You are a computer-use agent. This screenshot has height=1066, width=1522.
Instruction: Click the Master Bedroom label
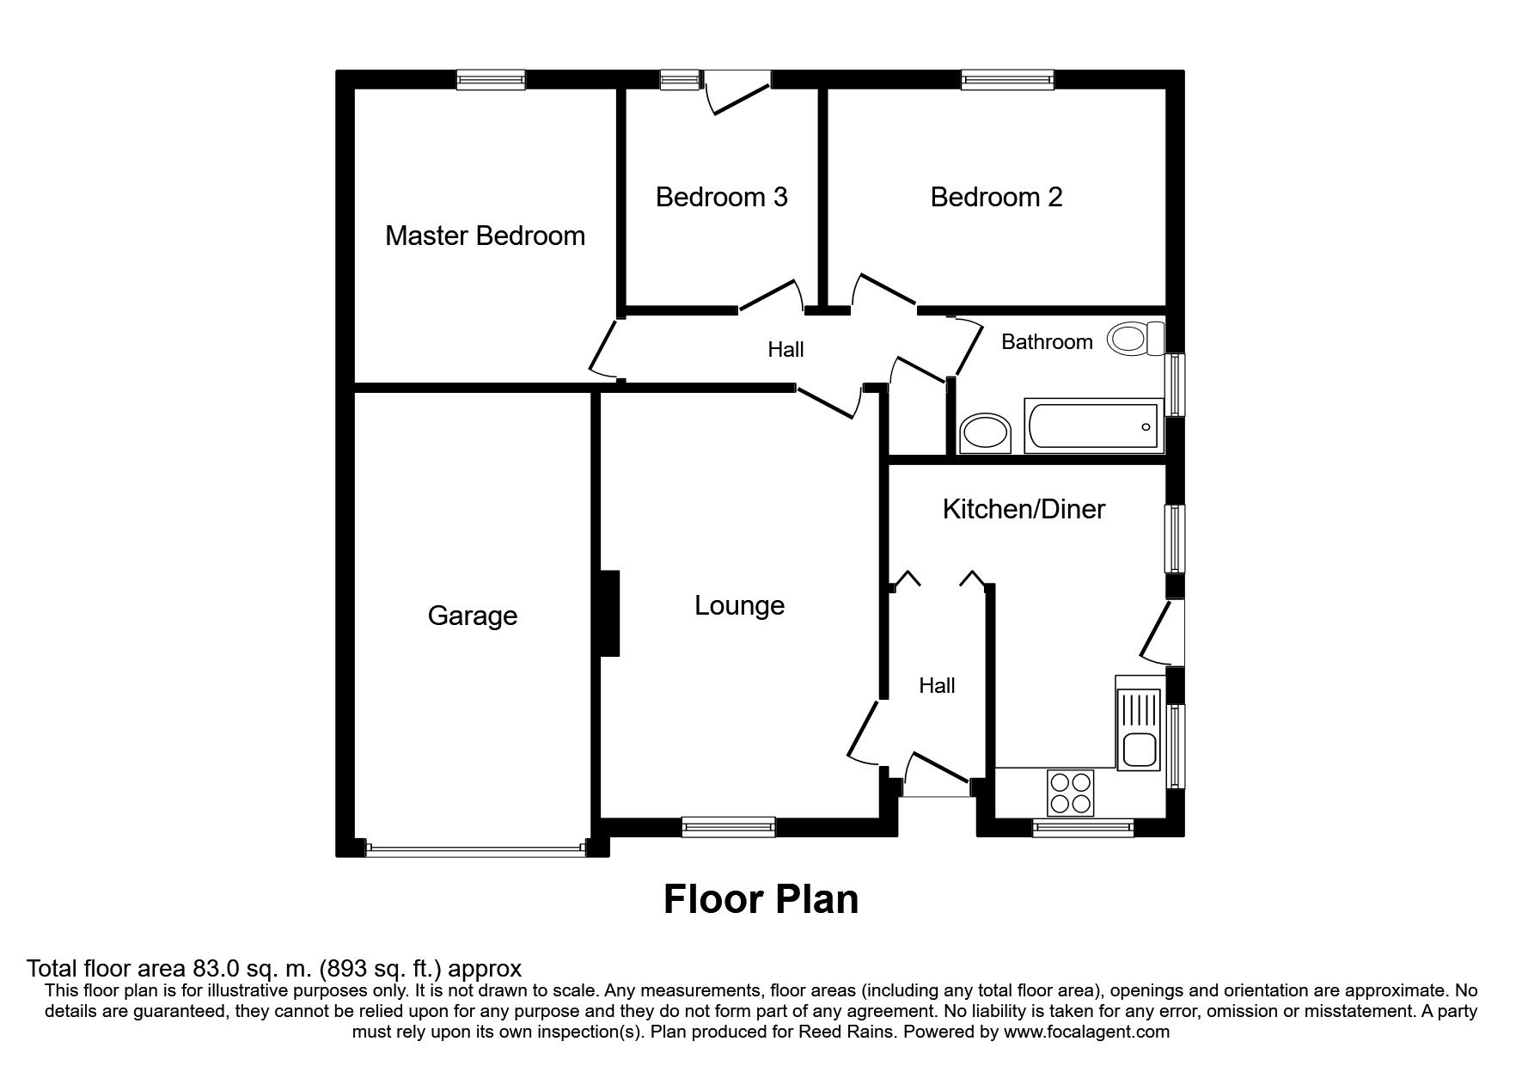click(485, 236)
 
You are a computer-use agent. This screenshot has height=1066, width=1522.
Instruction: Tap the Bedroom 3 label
click(721, 197)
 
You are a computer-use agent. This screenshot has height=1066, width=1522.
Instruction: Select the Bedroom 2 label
click(996, 197)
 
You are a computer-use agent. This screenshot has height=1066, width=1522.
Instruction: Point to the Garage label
click(472, 616)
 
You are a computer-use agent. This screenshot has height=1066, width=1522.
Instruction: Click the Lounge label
click(739, 605)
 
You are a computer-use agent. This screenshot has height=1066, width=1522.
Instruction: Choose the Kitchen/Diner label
click(1024, 509)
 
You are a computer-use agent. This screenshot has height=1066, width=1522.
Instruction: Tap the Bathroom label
click(1047, 342)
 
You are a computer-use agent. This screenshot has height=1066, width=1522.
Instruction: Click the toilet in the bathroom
click(1135, 338)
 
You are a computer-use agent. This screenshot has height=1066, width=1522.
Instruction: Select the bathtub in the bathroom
click(1093, 426)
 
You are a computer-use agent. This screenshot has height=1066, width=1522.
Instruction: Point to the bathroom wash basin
click(986, 433)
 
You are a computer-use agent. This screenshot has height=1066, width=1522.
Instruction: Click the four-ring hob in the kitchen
click(1071, 793)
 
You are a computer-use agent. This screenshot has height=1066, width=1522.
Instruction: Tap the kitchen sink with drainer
click(1140, 722)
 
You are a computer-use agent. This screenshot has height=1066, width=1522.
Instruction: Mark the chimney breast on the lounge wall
click(609, 614)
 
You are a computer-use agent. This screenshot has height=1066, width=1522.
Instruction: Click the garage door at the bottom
click(475, 849)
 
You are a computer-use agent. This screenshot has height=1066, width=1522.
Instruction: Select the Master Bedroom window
click(490, 80)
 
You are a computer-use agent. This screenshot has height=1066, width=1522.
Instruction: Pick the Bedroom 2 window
click(1007, 80)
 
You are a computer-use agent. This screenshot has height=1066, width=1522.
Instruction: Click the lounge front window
click(728, 827)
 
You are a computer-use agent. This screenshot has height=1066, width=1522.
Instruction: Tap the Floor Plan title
click(761, 899)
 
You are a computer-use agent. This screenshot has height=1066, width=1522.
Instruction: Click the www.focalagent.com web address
click(1086, 1032)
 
